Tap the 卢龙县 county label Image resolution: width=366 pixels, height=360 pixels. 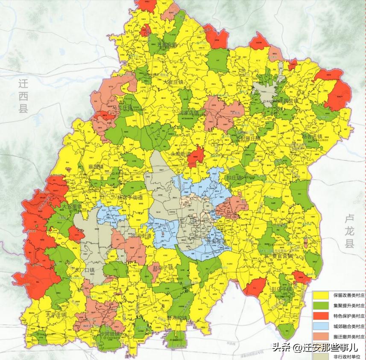tap(350, 232)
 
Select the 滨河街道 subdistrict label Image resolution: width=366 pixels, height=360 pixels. tap(135, 236)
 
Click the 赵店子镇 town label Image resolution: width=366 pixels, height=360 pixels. tap(162, 268)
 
